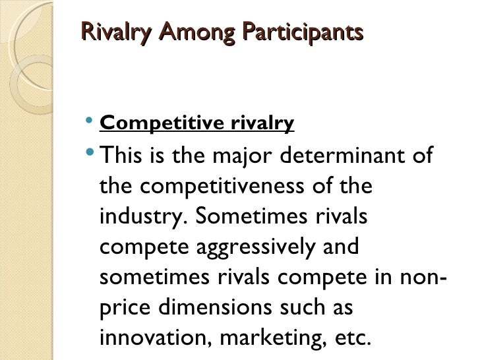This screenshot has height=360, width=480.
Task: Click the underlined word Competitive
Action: coord(156,123)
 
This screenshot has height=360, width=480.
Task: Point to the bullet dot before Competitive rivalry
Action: coord(90,121)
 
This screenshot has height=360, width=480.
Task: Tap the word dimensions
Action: coord(229,307)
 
